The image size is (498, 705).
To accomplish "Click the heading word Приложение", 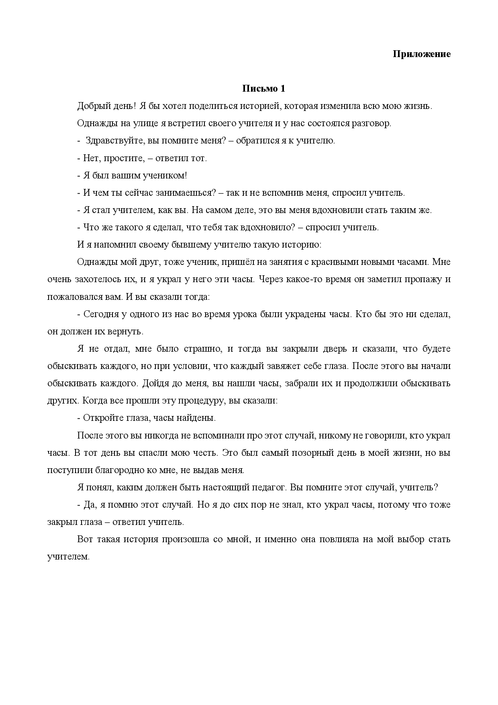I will [421, 54].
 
